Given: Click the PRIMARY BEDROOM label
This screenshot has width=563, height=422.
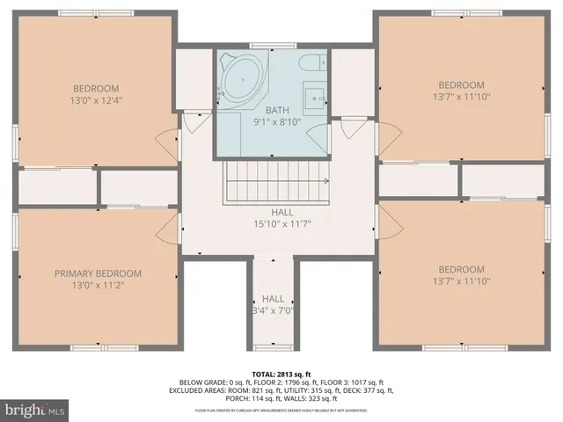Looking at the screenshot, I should [x=98, y=273].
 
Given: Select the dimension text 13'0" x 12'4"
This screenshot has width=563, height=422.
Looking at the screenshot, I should [x=97, y=101].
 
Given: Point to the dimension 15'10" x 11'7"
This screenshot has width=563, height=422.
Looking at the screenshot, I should [x=281, y=223].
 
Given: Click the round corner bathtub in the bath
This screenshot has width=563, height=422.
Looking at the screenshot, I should [x=240, y=80].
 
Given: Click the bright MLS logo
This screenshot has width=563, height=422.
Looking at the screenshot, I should [x=35, y=410].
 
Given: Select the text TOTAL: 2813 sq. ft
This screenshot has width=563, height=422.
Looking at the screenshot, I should [x=281, y=373].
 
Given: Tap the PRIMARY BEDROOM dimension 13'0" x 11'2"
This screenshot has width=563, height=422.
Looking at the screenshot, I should [x=98, y=286].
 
